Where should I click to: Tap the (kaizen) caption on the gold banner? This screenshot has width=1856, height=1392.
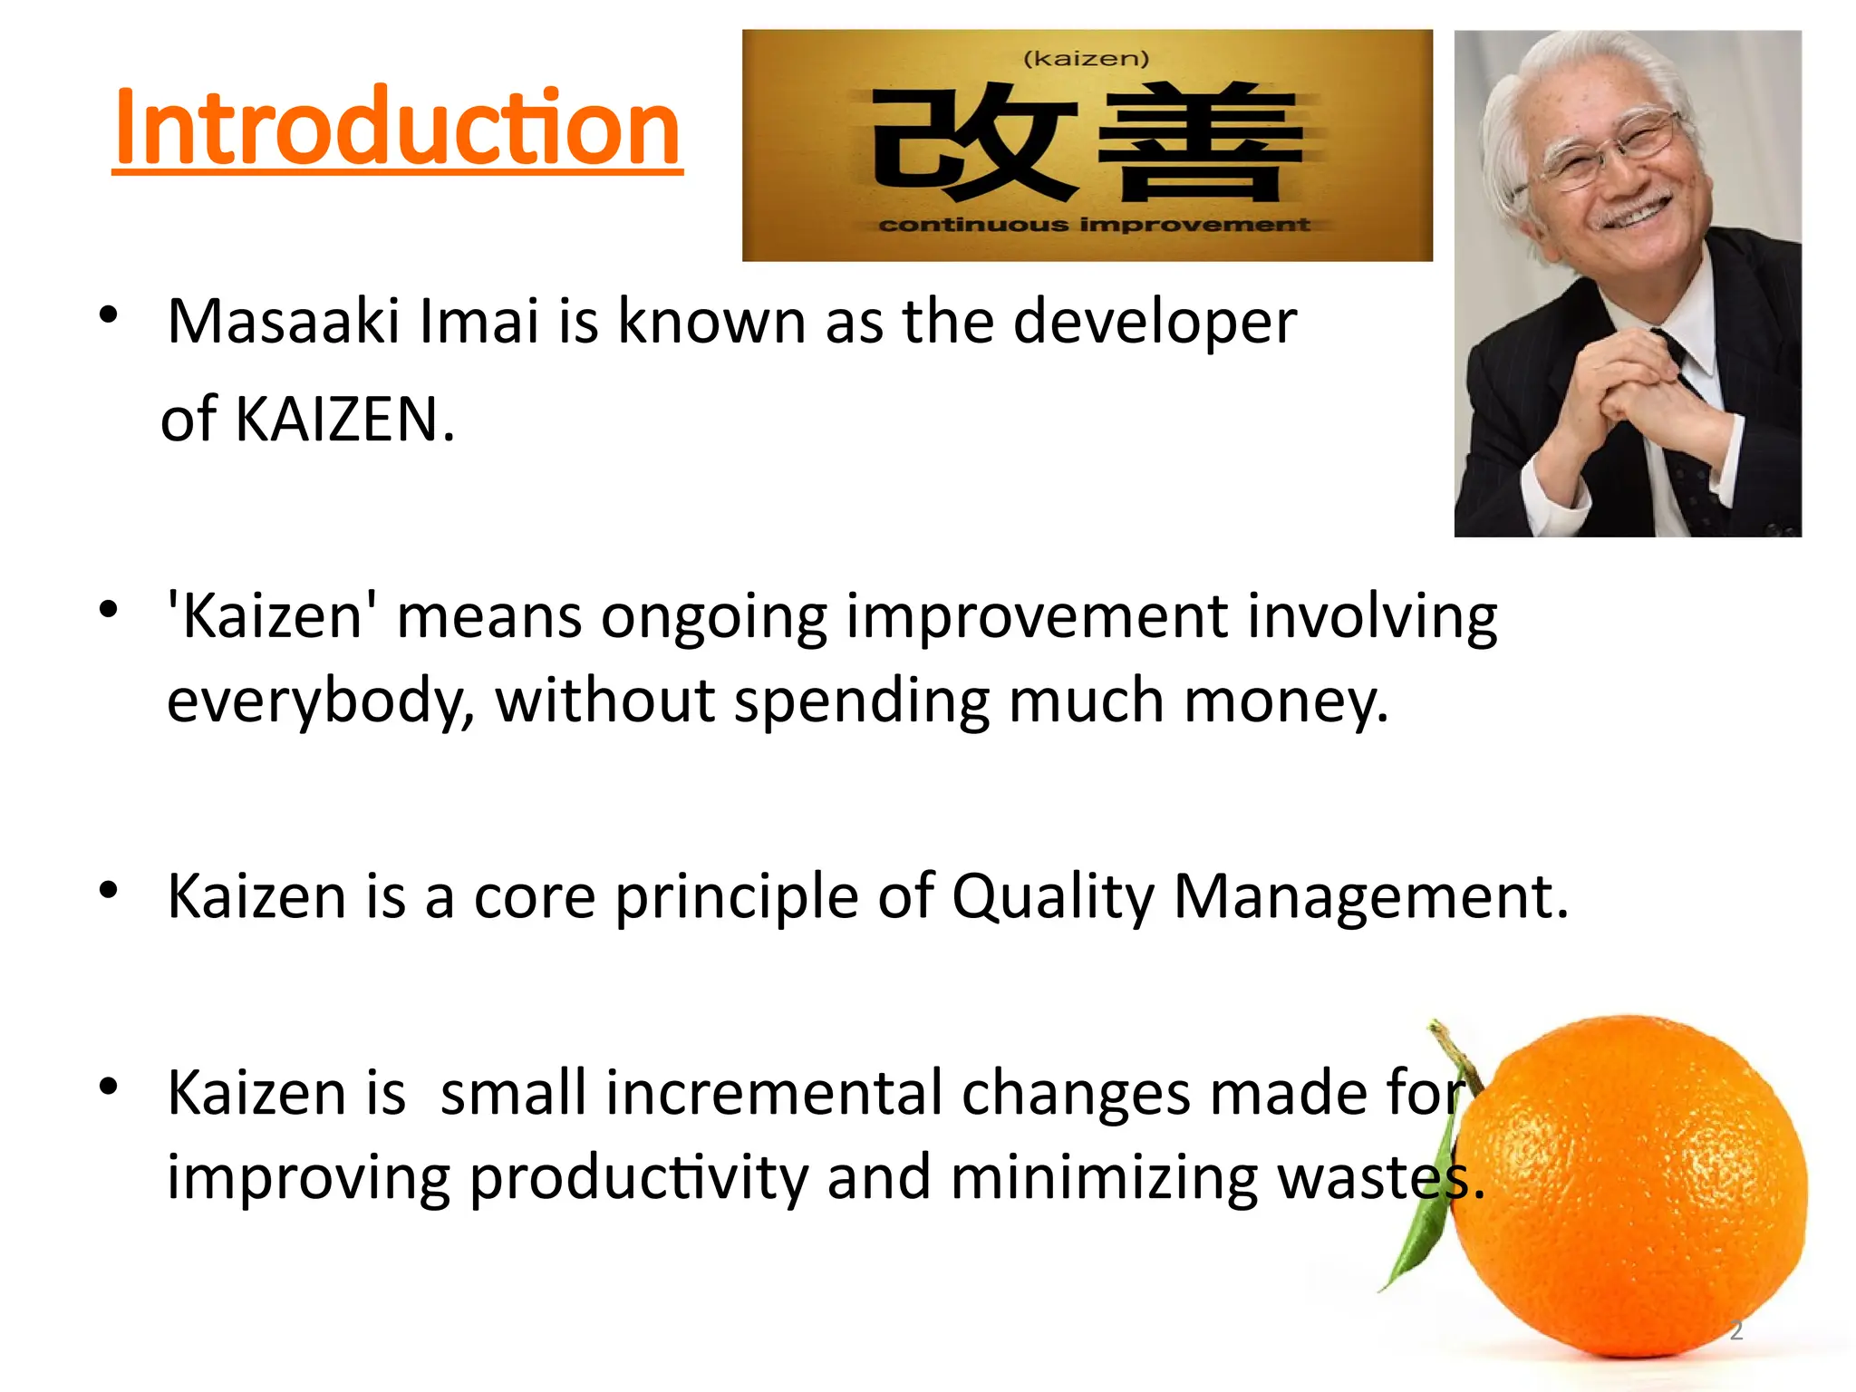[x=1086, y=59]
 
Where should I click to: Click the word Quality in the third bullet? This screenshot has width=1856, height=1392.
[x=1053, y=897]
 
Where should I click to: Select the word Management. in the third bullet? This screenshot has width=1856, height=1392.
[x=1370, y=897]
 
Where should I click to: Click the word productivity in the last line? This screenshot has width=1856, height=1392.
[x=638, y=1178]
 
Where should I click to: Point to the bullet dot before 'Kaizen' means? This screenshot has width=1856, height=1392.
[x=109, y=609]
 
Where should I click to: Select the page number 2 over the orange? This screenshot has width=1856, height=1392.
[x=1736, y=1331]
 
